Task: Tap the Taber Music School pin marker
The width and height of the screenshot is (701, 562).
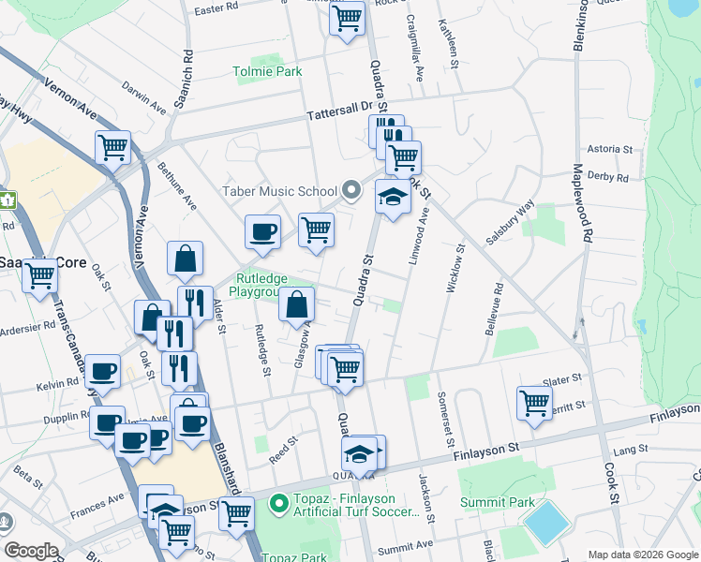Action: click(x=351, y=191)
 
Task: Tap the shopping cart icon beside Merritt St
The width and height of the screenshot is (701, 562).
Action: click(x=534, y=403)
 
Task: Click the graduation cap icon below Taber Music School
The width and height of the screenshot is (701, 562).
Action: click(x=393, y=197)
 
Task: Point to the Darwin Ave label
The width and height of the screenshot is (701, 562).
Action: click(x=144, y=97)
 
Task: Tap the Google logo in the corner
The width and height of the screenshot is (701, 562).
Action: click(x=31, y=551)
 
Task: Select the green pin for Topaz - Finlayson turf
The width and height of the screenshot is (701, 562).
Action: click(x=278, y=504)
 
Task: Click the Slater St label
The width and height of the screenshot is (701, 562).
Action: click(x=562, y=380)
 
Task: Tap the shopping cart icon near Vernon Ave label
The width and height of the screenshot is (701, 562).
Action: click(x=112, y=146)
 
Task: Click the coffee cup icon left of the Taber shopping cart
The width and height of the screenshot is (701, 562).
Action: click(x=263, y=230)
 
